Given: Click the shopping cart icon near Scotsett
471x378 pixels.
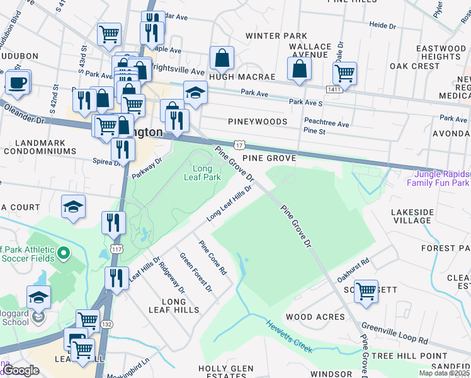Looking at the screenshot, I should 366,291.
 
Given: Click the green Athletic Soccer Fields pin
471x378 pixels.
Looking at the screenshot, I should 63,255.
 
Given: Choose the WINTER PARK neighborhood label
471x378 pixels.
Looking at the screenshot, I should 276,36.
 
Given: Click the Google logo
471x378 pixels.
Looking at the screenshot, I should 21,370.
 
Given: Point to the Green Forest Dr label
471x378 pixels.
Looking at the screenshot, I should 196,273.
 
